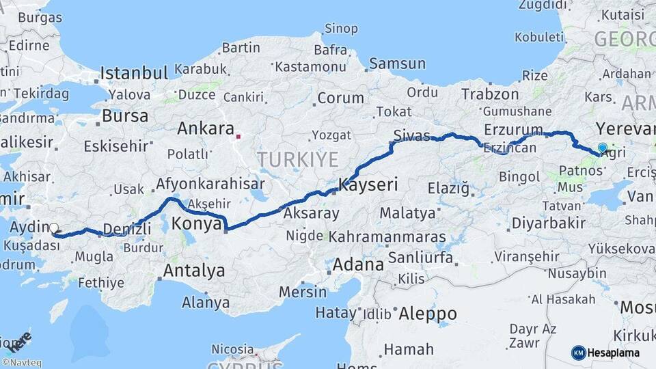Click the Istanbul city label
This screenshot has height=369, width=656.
[x=134, y=73]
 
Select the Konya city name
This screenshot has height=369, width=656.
[x=196, y=223]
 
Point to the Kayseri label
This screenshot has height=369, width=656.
[x=368, y=184]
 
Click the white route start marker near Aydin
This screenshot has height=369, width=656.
[x=54, y=229]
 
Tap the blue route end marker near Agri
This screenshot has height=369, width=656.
[x=602, y=148]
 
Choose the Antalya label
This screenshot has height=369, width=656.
[x=193, y=271]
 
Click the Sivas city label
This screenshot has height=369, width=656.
[x=411, y=133]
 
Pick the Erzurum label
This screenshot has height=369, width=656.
[x=512, y=129]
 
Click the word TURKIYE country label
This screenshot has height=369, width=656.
[x=297, y=160]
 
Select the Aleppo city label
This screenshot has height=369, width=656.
[x=427, y=314]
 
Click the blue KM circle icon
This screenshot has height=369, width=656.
[x=579, y=353]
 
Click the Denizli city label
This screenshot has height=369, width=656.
[x=126, y=229]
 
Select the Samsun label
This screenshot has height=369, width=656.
[x=397, y=64]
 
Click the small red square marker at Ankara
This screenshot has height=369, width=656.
[x=238, y=136]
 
